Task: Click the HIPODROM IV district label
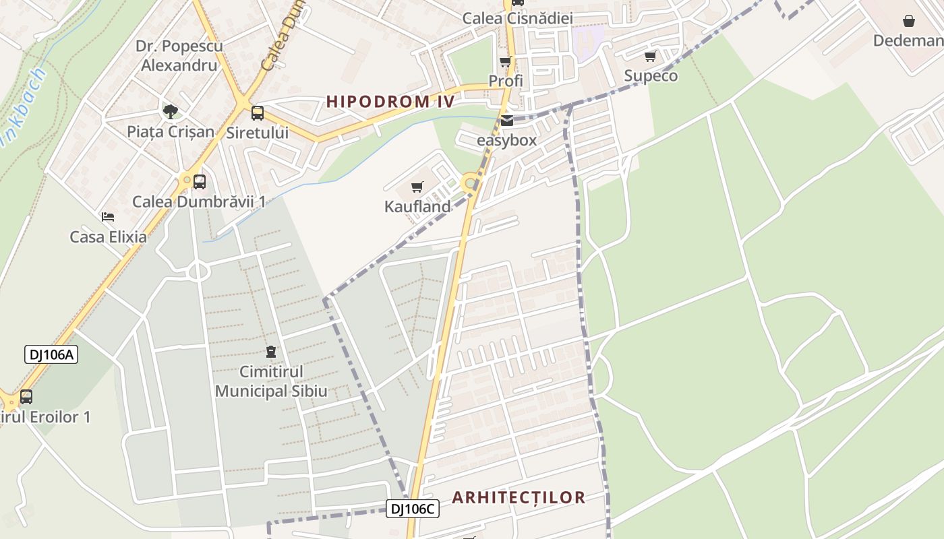pos(390,102)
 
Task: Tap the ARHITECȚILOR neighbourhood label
pos(518,498)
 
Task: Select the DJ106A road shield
pos(51,354)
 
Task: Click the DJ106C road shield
pos(413,509)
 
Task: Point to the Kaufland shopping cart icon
pos(417,187)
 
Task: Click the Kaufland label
pos(417,207)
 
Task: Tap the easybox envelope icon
pos(506,121)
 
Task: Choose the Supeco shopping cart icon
pos(650,57)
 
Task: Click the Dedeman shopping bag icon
pos(908,21)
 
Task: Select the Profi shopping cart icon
pos(505,62)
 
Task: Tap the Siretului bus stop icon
pos(257,113)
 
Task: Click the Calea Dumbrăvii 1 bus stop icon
pos(199,182)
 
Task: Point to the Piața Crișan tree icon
pos(171,111)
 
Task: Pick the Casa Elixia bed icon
pos(108,217)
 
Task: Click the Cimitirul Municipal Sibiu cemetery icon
pos(271,352)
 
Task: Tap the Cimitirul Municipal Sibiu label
pos(271,381)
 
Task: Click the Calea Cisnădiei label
pos(517,18)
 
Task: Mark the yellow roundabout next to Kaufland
pos(469,183)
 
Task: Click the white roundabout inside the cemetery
pos(198,272)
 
